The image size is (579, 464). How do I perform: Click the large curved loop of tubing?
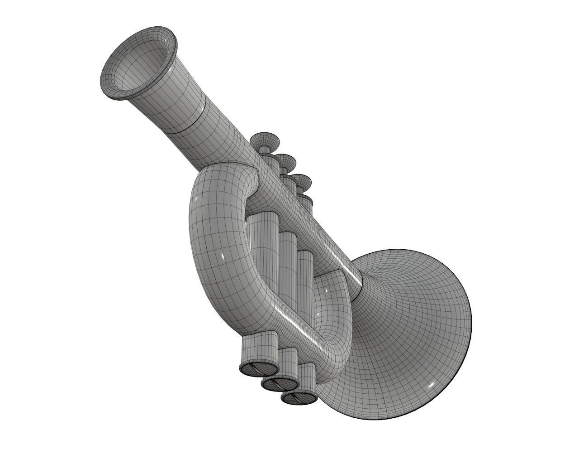click(x=213, y=254)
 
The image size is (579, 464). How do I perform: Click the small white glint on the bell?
click(x=431, y=385)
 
